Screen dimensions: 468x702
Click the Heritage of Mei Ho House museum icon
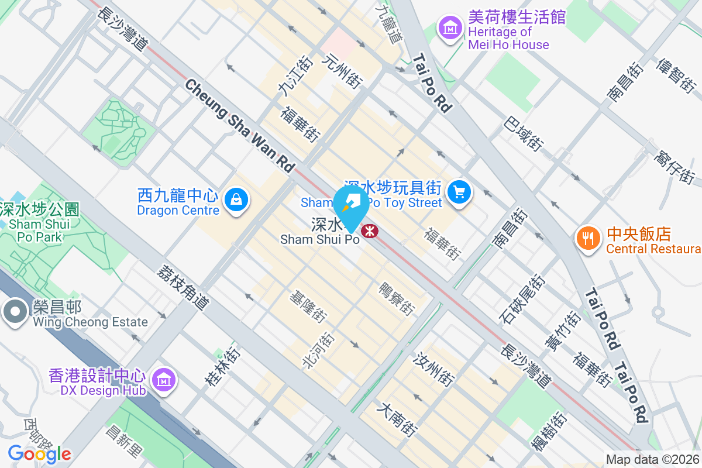[x=450, y=27]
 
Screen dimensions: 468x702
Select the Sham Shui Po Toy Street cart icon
[x=459, y=191]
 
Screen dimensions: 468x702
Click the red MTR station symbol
[x=370, y=231]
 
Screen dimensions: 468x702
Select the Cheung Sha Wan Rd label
[x=240, y=125]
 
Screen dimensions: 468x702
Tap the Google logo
[x=39, y=453]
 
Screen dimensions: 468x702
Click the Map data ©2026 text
[x=652, y=459]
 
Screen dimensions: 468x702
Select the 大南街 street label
[x=398, y=420]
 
